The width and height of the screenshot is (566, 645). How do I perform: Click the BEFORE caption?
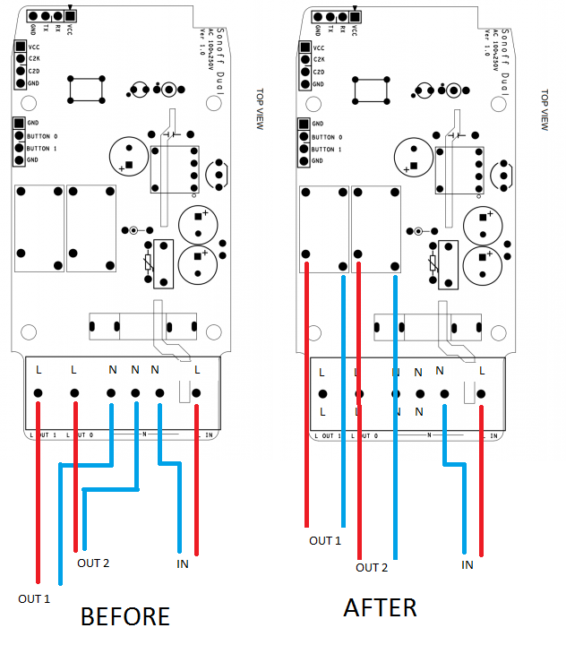tap(124, 616)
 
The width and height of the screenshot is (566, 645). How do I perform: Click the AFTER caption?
tap(380, 607)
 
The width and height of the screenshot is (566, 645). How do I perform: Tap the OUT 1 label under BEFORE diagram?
tap(34, 598)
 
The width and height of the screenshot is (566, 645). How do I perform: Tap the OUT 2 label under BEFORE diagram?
tap(93, 563)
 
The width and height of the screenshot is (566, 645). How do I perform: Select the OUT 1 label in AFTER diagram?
tap(325, 540)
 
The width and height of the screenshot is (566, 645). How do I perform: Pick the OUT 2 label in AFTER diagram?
tap(372, 567)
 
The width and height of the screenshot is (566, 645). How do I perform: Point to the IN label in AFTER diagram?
tap(467, 564)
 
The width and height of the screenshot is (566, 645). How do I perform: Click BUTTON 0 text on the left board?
tap(42, 136)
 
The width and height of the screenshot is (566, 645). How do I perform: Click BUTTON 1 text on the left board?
tap(42, 148)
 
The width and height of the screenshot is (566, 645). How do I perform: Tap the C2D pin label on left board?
tap(34, 70)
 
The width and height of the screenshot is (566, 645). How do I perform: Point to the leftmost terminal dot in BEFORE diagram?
tap(39, 393)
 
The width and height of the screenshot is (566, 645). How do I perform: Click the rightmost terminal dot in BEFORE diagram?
tap(195, 393)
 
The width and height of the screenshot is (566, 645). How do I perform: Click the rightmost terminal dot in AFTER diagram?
tap(482, 393)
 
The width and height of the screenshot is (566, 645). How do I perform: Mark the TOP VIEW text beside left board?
tap(260, 108)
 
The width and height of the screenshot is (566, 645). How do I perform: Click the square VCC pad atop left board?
tap(70, 16)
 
